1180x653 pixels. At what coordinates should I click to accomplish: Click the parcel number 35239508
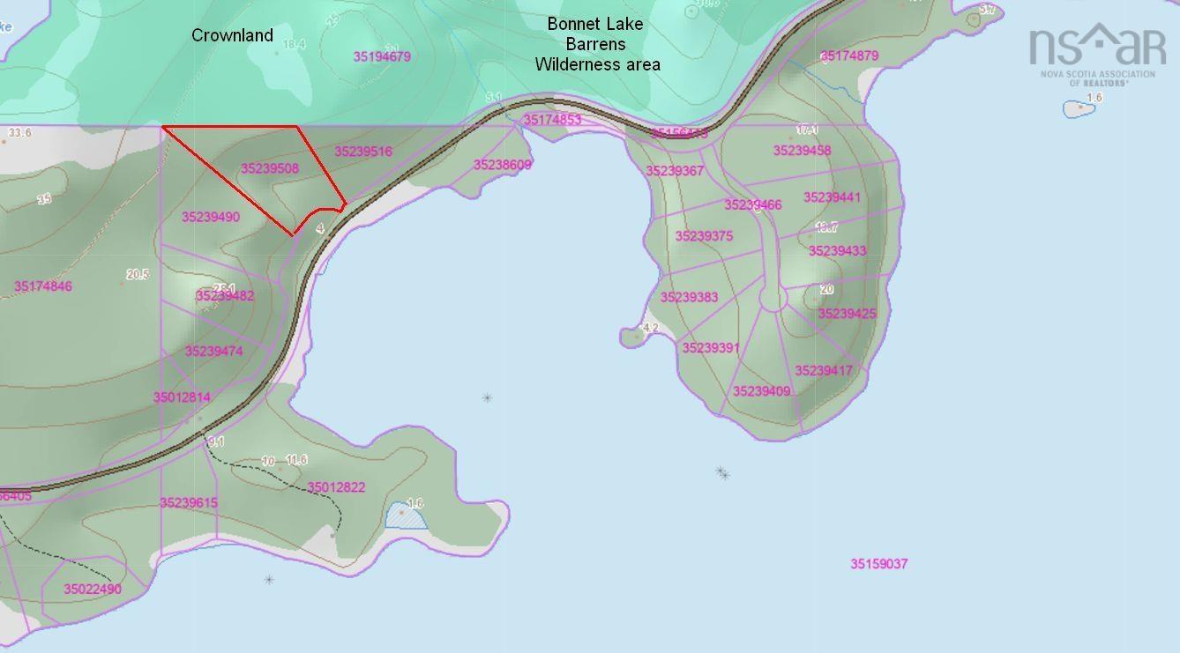coord(270,168)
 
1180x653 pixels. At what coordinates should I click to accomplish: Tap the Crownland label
coord(233,35)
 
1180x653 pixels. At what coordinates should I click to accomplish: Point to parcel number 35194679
coord(382,56)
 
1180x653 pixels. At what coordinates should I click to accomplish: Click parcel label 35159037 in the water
coord(878,564)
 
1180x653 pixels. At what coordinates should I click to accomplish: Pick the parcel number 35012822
coord(336,487)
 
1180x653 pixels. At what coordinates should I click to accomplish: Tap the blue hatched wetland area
coord(407,516)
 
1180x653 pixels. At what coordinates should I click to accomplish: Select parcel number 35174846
coord(43,286)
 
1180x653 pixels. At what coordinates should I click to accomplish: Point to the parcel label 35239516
coord(363,152)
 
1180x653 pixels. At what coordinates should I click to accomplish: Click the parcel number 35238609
coord(503,165)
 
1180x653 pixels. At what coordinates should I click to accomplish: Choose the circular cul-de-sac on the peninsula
coord(773,299)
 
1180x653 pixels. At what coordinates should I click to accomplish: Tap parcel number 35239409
coord(761,391)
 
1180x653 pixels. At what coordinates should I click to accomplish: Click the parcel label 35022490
coord(93,589)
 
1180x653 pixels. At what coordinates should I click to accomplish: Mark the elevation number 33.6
coord(19,133)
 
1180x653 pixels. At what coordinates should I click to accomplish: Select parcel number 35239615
coord(189,503)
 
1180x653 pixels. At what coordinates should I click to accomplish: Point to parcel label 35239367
coord(675,171)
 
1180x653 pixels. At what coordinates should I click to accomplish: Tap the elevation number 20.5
coord(138,274)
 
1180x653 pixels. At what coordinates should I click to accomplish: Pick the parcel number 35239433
coord(837,251)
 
